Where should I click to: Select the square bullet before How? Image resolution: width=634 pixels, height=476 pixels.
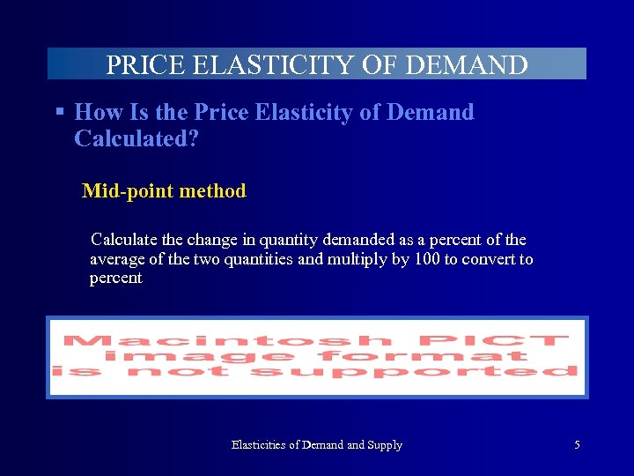tap(60, 113)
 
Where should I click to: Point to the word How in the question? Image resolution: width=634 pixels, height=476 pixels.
tap(97, 113)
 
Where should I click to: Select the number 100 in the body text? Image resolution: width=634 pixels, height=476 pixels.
tap(427, 259)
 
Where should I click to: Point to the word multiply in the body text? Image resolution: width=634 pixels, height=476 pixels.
tap(358, 259)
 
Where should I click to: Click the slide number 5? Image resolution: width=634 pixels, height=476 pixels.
tap(577, 445)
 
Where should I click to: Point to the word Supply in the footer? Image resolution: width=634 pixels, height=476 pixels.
tap(385, 445)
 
